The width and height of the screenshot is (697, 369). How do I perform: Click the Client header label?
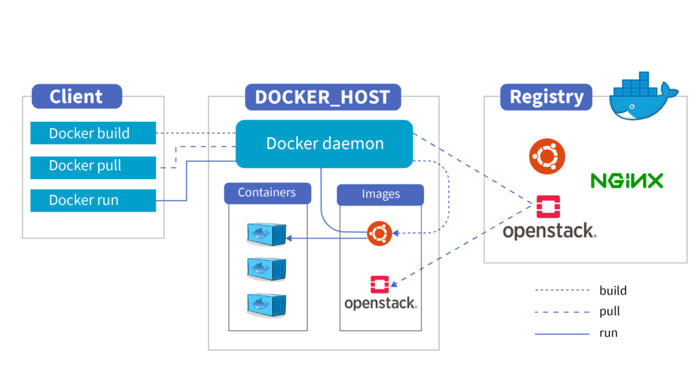point(76,97)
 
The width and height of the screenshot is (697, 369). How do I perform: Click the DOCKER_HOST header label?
point(323,97)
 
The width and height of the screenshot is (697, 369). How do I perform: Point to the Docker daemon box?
point(325,144)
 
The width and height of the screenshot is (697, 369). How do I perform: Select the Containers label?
point(267,193)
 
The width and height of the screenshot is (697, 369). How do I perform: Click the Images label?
point(380,195)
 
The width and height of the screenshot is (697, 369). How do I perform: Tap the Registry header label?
point(547,97)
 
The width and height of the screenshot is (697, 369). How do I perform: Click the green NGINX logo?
point(626,180)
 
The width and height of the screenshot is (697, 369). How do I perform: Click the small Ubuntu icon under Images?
point(378,234)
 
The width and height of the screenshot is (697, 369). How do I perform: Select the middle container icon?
point(265,268)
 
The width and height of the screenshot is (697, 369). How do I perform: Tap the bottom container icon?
point(265,303)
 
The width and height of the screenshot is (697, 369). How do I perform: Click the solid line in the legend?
point(562,334)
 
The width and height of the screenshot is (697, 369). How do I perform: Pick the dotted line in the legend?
point(562,290)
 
